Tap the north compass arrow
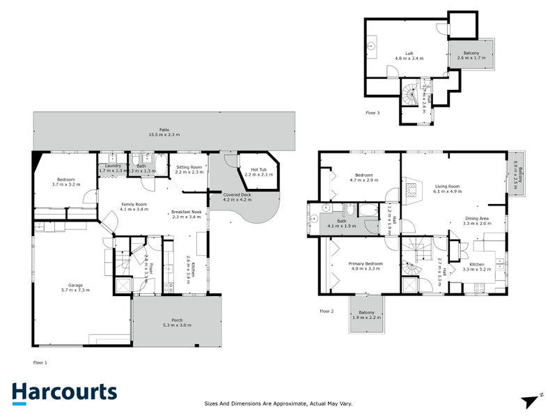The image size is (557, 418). [533, 400]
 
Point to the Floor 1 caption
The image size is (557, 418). [40, 363]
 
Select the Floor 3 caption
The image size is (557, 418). [373, 112]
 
